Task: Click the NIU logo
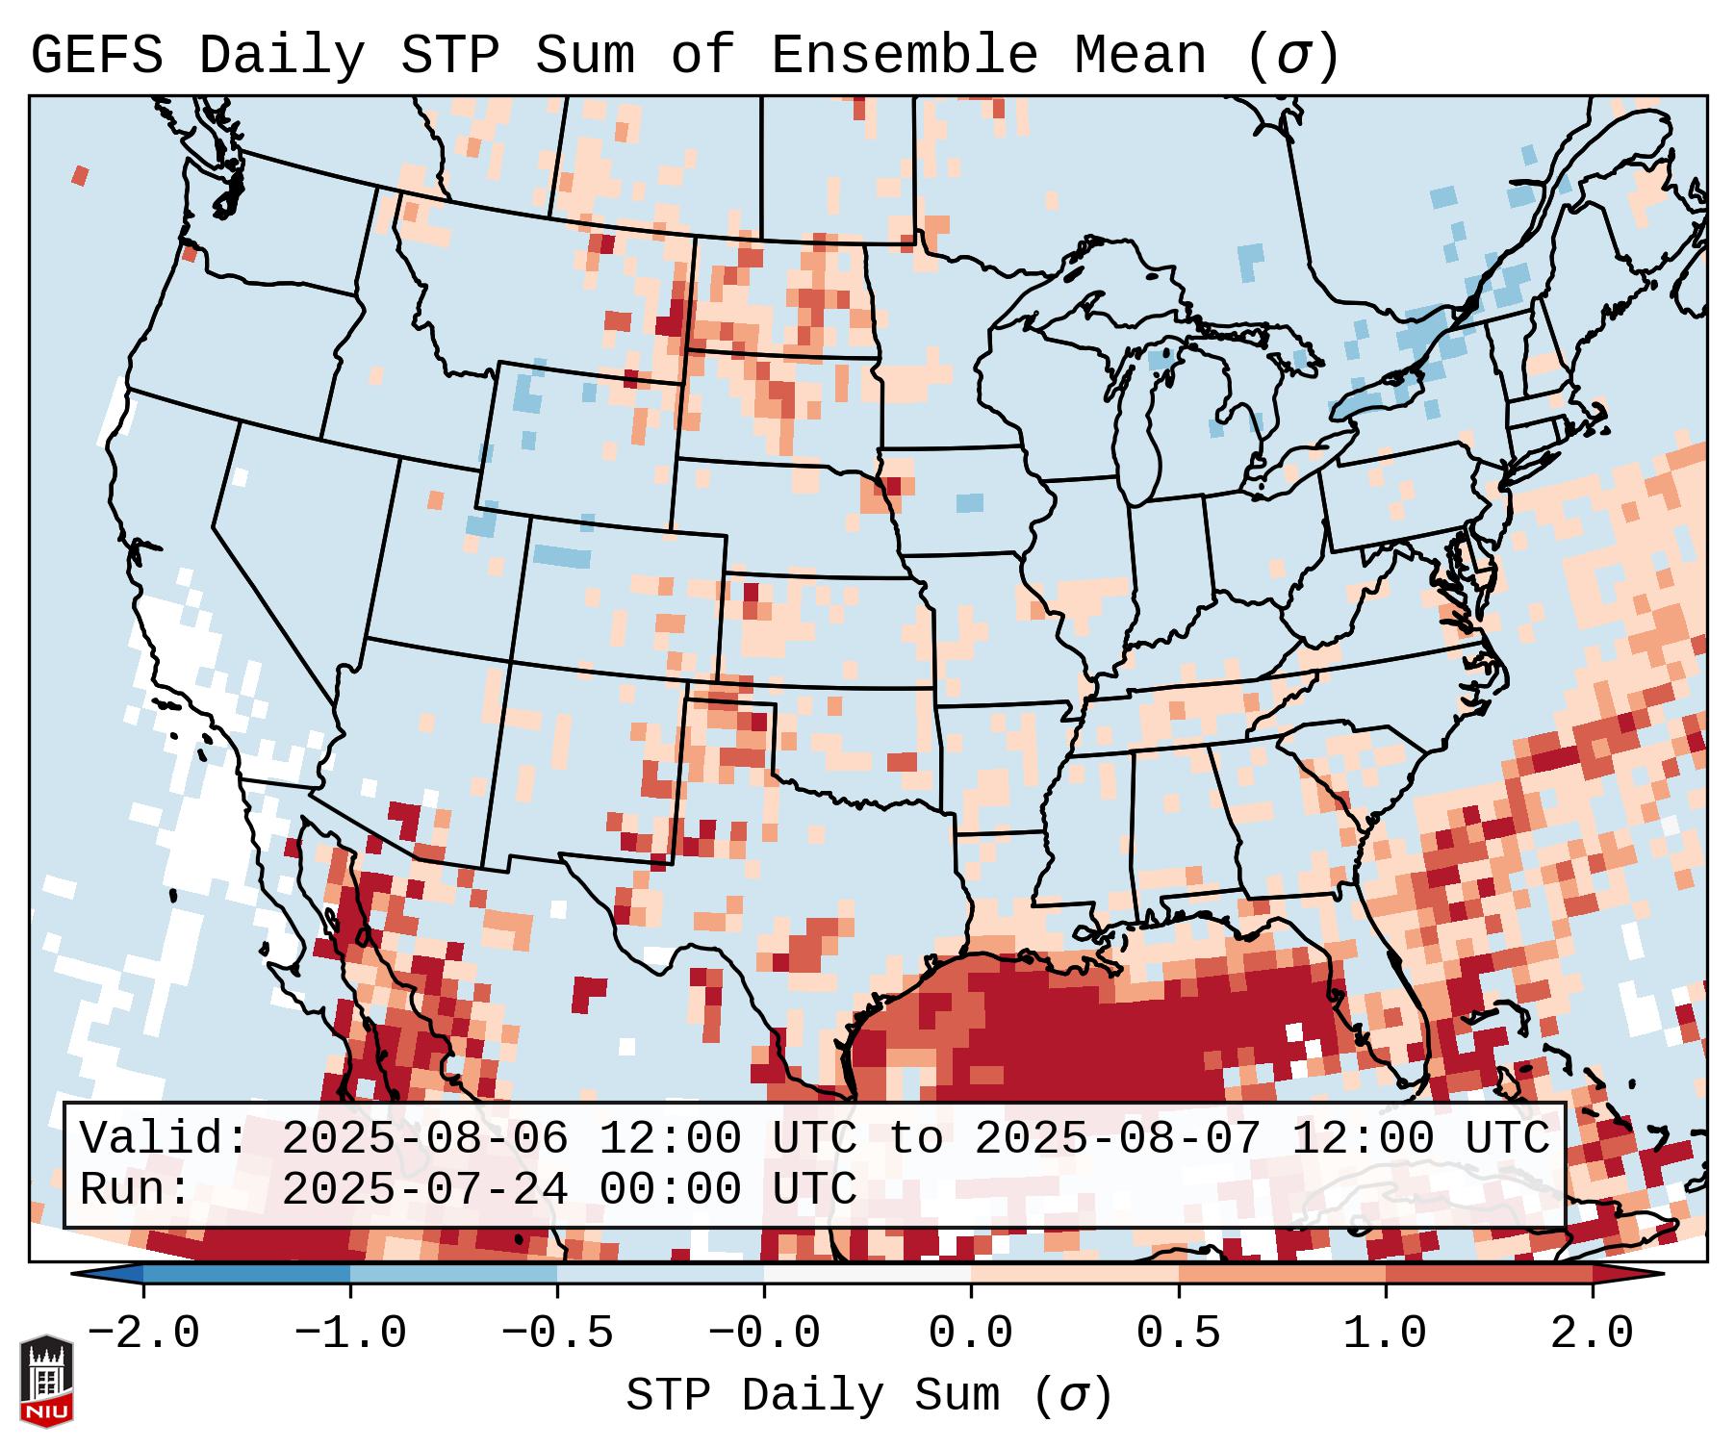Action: pos(46,1381)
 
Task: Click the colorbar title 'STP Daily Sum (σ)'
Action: pos(869,1396)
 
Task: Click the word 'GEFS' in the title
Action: pos(96,56)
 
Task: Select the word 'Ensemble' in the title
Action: pos(905,56)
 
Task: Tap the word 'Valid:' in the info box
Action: pos(165,1139)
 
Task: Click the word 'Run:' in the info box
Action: pos(136,1189)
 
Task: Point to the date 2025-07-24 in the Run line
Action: pos(424,1189)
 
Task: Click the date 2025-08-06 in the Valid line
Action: pos(424,1139)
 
